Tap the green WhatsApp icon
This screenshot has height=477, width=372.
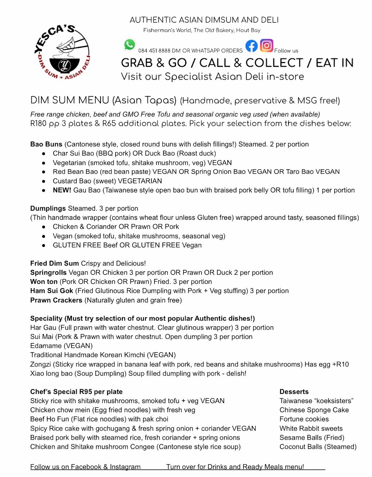[x=130, y=45]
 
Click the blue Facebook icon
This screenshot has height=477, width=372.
[x=251, y=46]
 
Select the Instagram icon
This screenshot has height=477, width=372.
[x=267, y=46]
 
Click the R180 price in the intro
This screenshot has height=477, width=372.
[x=39, y=123]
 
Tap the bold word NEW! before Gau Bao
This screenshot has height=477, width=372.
[x=62, y=190]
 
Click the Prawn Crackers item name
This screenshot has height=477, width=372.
[x=56, y=300]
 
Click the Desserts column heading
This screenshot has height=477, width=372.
[x=294, y=392]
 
